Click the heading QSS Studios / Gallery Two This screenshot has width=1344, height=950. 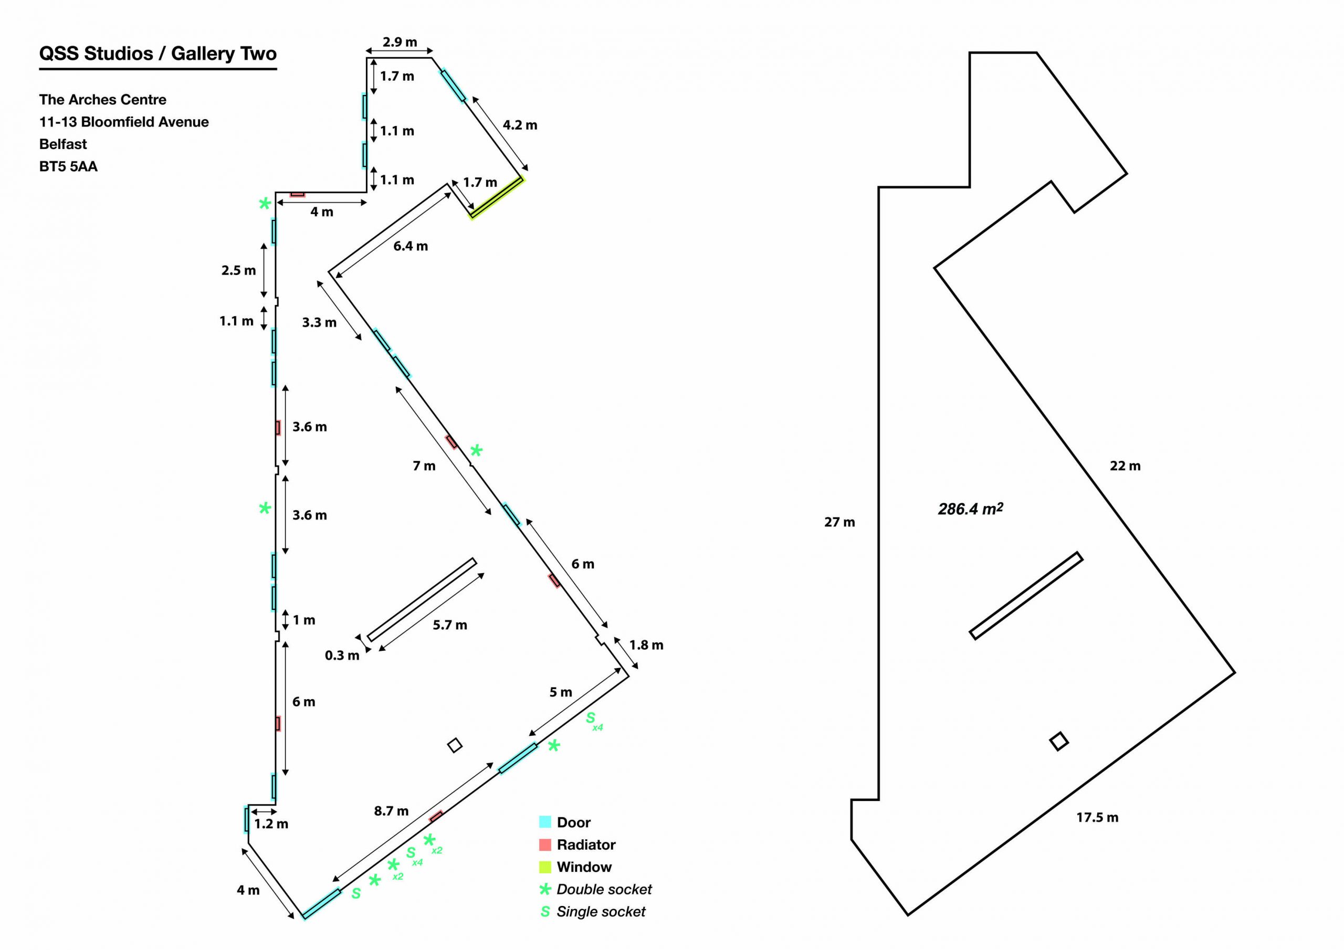[x=158, y=54]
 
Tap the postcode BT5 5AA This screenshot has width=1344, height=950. [x=68, y=167]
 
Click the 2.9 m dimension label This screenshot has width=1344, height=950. [x=400, y=42]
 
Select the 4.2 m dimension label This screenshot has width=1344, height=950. [x=520, y=125]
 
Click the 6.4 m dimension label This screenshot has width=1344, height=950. [x=411, y=247]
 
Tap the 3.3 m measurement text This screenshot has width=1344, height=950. [x=319, y=322]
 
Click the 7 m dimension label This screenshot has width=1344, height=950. [x=424, y=466]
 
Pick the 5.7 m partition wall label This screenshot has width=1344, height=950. [x=449, y=625]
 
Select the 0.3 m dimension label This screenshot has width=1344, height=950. [x=342, y=656]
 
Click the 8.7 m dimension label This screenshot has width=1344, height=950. [x=391, y=811]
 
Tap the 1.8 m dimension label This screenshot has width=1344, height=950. [x=646, y=645]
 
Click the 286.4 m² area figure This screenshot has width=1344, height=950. [x=970, y=509]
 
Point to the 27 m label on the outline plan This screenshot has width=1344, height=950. [x=839, y=522]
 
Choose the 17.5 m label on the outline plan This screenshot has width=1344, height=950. [x=1097, y=818]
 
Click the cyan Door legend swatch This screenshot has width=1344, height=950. [x=545, y=822]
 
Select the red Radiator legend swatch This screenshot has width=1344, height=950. [x=545, y=845]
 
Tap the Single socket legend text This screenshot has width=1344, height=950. [x=601, y=911]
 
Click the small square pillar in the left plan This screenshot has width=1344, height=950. [x=455, y=745]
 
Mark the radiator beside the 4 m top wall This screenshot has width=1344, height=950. [x=297, y=194]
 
